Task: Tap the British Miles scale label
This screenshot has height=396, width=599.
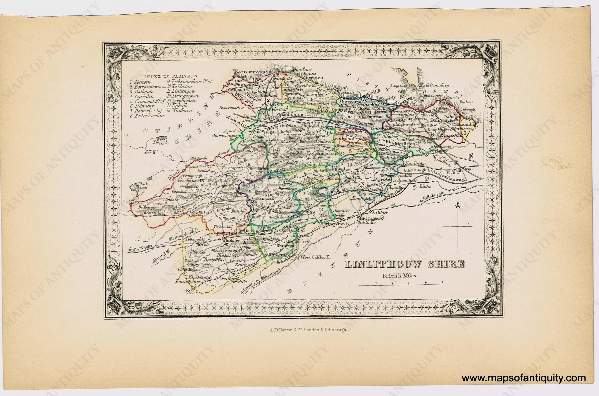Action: [399, 276]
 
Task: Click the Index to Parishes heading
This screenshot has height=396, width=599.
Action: [171, 76]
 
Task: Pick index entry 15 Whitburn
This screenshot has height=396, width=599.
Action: [181, 111]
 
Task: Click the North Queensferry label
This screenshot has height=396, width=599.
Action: [434, 86]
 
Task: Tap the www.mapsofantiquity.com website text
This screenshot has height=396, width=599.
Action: [524, 378]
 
